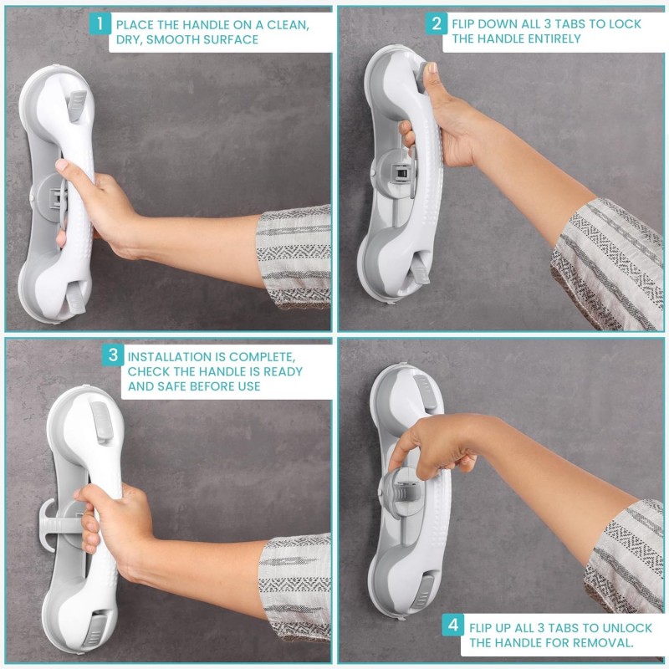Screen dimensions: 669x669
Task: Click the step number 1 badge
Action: [x=100, y=23]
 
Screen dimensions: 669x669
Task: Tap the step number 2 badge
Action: [x=436, y=23]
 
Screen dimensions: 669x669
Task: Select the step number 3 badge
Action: [x=113, y=355]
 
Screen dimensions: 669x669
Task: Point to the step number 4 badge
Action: [x=452, y=625]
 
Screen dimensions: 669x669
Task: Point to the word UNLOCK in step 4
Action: [x=626, y=628]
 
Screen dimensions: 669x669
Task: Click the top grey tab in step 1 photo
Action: [x=77, y=105]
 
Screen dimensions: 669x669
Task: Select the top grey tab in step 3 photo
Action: [x=101, y=420]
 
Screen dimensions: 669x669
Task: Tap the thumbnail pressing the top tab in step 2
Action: [x=432, y=68]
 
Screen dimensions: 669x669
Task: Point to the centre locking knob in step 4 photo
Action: [x=402, y=493]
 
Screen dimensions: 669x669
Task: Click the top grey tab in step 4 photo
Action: [x=423, y=386]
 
